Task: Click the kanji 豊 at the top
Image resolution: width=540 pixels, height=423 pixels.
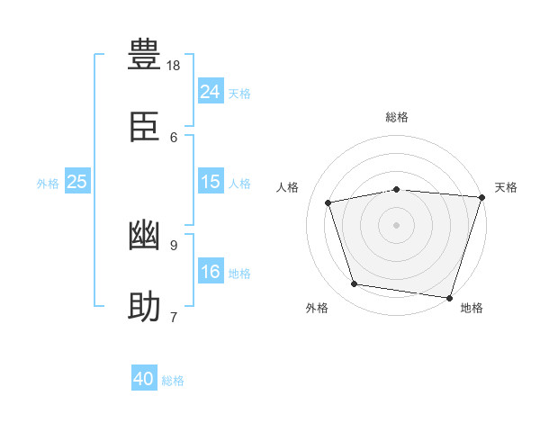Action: [x=144, y=55]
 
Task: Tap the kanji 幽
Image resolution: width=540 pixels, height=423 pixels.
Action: [x=144, y=236]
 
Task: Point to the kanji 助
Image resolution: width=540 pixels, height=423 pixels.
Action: [x=144, y=308]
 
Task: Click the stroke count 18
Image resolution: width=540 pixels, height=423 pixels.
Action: [x=174, y=66]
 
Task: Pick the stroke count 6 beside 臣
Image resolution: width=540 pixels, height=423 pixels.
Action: [x=174, y=137]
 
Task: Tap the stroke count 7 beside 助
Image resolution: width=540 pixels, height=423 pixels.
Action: [x=173, y=317]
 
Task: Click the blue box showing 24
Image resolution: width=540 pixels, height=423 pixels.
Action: [x=211, y=92]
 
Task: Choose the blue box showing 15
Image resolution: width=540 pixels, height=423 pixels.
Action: [x=211, y=182]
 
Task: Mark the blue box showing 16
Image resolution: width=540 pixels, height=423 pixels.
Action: [x=211, y=272]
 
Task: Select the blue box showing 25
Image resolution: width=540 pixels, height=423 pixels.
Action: [x=77, y=182]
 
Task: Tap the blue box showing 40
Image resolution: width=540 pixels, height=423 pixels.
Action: [x=144, y=380]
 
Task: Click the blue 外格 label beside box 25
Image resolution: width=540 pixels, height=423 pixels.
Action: [x=48, y=184]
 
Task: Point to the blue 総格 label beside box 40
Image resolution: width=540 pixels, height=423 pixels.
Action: [x=173, y=382]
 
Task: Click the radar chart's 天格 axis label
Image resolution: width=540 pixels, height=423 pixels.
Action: [x=506, y=187]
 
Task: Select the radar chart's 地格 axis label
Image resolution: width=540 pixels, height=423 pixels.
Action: [x=472, y=309]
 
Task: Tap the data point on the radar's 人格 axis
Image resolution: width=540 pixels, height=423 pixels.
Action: [x=328, y=202]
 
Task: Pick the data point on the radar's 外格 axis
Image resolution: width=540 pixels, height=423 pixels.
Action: [x=355, y=284]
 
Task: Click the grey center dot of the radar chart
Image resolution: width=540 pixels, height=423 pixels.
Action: [x=397, y=225]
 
